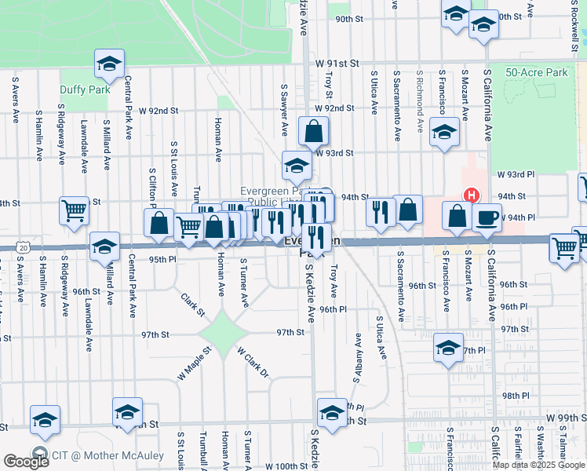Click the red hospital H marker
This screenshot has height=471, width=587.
click(x=472, y=195)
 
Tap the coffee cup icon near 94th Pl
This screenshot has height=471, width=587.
click(x=487, y=217)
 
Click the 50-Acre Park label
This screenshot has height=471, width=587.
click(x=536, y=72)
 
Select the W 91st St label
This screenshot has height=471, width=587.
click(x=337, y=62)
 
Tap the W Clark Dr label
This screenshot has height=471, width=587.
click(x=253, y=363)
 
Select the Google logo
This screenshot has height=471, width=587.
click(x=26, y=462)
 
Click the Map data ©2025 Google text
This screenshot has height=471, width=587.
click(x=538, y=465)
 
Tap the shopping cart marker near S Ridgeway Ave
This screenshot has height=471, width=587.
click(x=74, y=209)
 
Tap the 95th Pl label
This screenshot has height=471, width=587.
click(x=162, y=258)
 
